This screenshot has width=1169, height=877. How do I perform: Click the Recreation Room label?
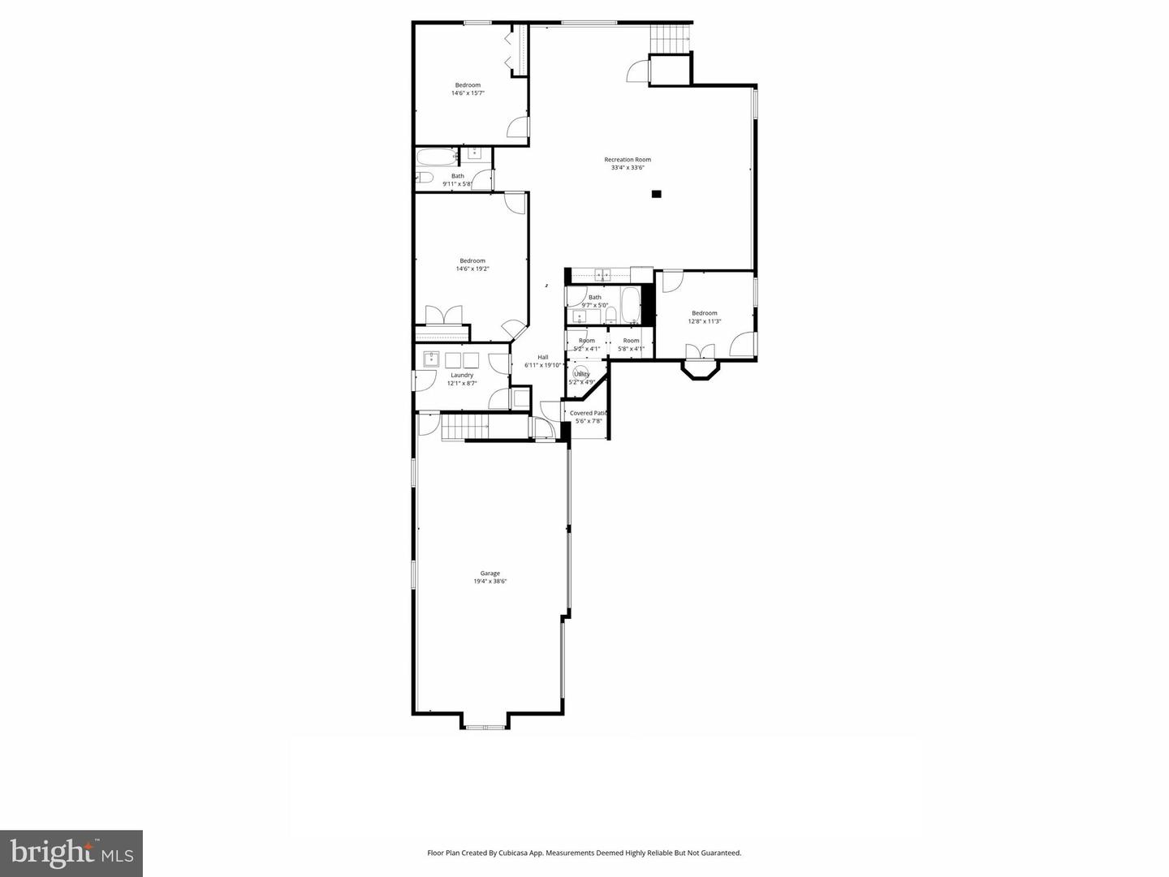click(628, 160)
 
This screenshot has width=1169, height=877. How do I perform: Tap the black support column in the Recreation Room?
click(656, 194)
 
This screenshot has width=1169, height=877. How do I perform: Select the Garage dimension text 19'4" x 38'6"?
click(490, 581)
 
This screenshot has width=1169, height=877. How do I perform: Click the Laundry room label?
click(462, 375)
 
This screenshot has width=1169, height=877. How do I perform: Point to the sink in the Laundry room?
click(431, 359)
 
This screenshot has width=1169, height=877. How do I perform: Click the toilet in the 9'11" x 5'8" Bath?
click(424, 178)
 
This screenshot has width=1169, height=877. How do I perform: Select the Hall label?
click(542, 357)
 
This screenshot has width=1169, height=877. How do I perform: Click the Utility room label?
click(581, 374)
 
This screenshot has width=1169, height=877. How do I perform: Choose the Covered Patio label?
click(589, 413)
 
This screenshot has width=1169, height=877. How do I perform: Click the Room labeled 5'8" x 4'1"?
click(631, 341)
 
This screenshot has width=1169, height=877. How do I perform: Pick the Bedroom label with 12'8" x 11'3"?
click(705, 313)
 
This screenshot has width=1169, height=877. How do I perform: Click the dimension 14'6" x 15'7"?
click(468, 93)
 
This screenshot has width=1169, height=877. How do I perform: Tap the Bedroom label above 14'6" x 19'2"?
click(472, 260)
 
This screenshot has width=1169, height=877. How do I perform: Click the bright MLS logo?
click(71, 853)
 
